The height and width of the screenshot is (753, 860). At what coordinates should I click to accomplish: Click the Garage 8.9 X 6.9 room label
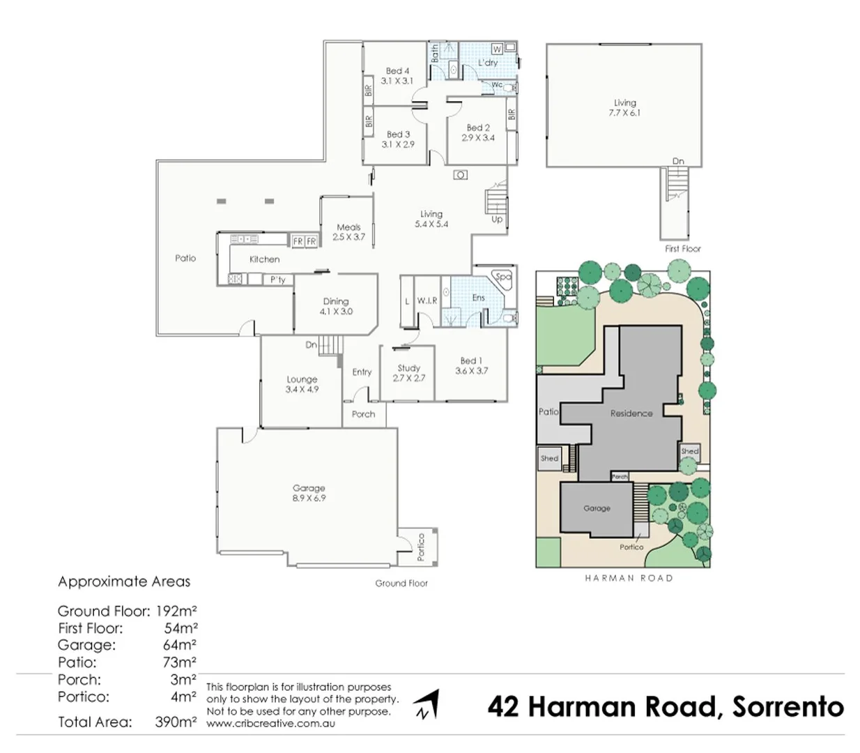(309, 493)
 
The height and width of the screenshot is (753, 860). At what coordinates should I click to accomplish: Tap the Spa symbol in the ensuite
(502, 277)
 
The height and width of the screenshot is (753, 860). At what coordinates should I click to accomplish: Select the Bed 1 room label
(471, 365)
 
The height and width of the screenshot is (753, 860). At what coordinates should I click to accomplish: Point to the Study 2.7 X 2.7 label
(408, 373)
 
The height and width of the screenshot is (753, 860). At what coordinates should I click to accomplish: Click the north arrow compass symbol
(427, 704)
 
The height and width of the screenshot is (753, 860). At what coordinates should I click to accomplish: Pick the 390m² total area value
(176, 722)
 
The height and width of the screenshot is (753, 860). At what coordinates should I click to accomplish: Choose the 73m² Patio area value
(180, 662)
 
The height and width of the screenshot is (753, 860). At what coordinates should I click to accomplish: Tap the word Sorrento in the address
(788, 706)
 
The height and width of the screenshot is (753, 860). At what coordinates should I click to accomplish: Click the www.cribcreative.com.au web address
(270, 724)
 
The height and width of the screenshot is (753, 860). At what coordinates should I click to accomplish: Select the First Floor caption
(682, 248)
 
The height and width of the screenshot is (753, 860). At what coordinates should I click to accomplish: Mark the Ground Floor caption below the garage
(401, 583)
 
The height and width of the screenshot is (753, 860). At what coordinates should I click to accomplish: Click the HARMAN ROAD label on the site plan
(629, 578)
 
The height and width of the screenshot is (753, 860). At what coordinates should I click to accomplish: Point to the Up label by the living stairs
(497, 219)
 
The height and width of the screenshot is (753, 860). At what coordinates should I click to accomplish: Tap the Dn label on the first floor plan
(678, 161)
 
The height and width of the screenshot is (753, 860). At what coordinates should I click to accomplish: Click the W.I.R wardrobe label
(427, 301)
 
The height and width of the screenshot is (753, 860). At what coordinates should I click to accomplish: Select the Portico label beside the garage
(420, 547)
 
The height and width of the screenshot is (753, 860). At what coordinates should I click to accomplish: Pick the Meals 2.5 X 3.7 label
(348, 232)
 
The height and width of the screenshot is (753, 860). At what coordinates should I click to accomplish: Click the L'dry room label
(488, 63)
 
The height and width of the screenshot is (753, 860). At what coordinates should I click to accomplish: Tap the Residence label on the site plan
(631, 413)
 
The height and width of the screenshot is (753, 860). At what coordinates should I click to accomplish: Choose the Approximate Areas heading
(124, 581)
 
